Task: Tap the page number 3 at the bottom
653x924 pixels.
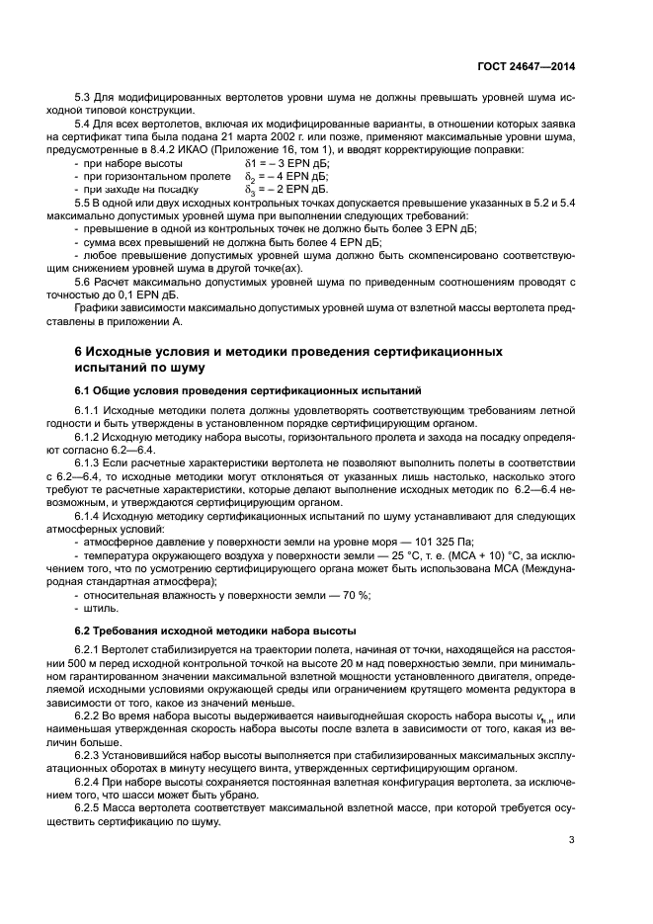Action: tap(571, 841)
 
